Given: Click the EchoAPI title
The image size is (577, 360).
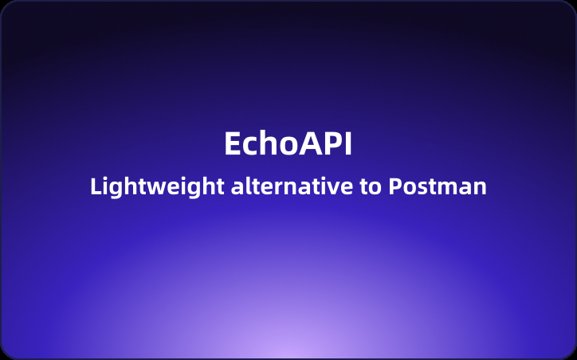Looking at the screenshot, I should pyautogui.click(x=288, y=143).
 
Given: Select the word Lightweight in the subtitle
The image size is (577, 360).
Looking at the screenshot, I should pyautogui.click(x=157, y=187).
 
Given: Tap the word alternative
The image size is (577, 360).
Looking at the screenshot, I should pyautogui.click(x=292, y=187).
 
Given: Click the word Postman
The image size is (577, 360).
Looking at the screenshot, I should pyautogui.click(x=438, y=187).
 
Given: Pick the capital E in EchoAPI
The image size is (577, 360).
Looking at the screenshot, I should pyautogui.click(x=232, y=143).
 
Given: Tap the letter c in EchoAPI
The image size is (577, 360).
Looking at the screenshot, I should pyautogui.click(x=250, y=146).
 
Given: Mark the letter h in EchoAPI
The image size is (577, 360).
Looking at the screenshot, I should pyautogui.click(x=269, y=143).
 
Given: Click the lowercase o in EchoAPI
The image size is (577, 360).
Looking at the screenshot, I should pyautogui.click(x=288, y=146).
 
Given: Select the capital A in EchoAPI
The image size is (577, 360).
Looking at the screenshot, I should pyautogui.click(x=309, y=143).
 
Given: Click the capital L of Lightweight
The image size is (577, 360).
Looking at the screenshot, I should pyautogui.click(x=96, y=187).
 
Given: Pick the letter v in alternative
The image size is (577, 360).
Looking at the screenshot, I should pyautogui.click(x=337, y=189).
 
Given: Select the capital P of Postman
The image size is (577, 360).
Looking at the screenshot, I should pyautogui.click(x=395, y=187).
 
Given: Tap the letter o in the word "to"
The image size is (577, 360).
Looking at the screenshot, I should pyautogui.click(x=376, y=189).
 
